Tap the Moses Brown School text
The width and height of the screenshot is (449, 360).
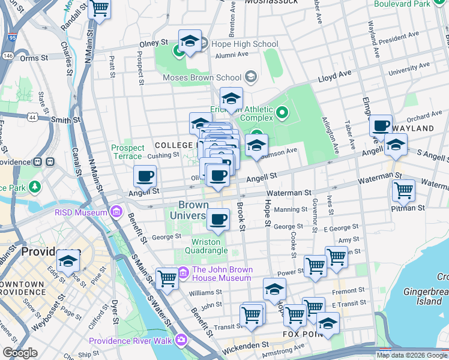tap(202, 77)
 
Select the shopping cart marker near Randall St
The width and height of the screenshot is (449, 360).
tap(100, 9)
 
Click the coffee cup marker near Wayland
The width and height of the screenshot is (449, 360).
tap(380, 126)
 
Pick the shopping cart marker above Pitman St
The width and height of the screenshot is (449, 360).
tap(403, 191)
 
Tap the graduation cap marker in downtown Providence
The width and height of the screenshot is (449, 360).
tap(68, 262)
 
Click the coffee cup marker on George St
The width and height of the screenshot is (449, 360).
tap(218, 220)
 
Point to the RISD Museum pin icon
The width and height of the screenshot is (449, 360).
tap(116, 212)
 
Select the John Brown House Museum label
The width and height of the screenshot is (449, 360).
tap(221, 274)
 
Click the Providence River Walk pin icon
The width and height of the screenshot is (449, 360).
tap(181, 341)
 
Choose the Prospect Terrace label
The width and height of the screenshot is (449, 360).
tap(128, 152)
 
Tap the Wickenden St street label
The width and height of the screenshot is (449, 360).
tap(246, 346)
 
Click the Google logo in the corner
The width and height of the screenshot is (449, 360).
tap(20, 353)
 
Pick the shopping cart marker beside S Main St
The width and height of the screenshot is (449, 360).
tap(167, 278)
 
